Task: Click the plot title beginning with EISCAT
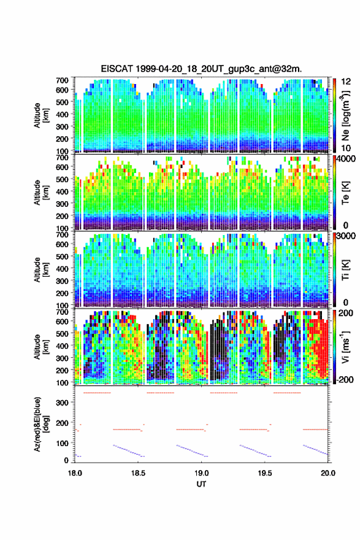201,69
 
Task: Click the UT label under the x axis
201,484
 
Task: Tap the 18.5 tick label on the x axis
138,473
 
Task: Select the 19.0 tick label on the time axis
201,473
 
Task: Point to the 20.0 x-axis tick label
328,473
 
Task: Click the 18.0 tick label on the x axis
75,473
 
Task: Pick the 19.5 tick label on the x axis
265,473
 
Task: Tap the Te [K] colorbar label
345,193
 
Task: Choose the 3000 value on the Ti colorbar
347,236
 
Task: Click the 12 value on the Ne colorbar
346,81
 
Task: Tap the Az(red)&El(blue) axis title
40,425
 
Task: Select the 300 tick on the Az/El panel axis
63,403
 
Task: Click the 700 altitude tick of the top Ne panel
63,80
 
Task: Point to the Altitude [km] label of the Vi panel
40,347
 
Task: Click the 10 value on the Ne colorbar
346,148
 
